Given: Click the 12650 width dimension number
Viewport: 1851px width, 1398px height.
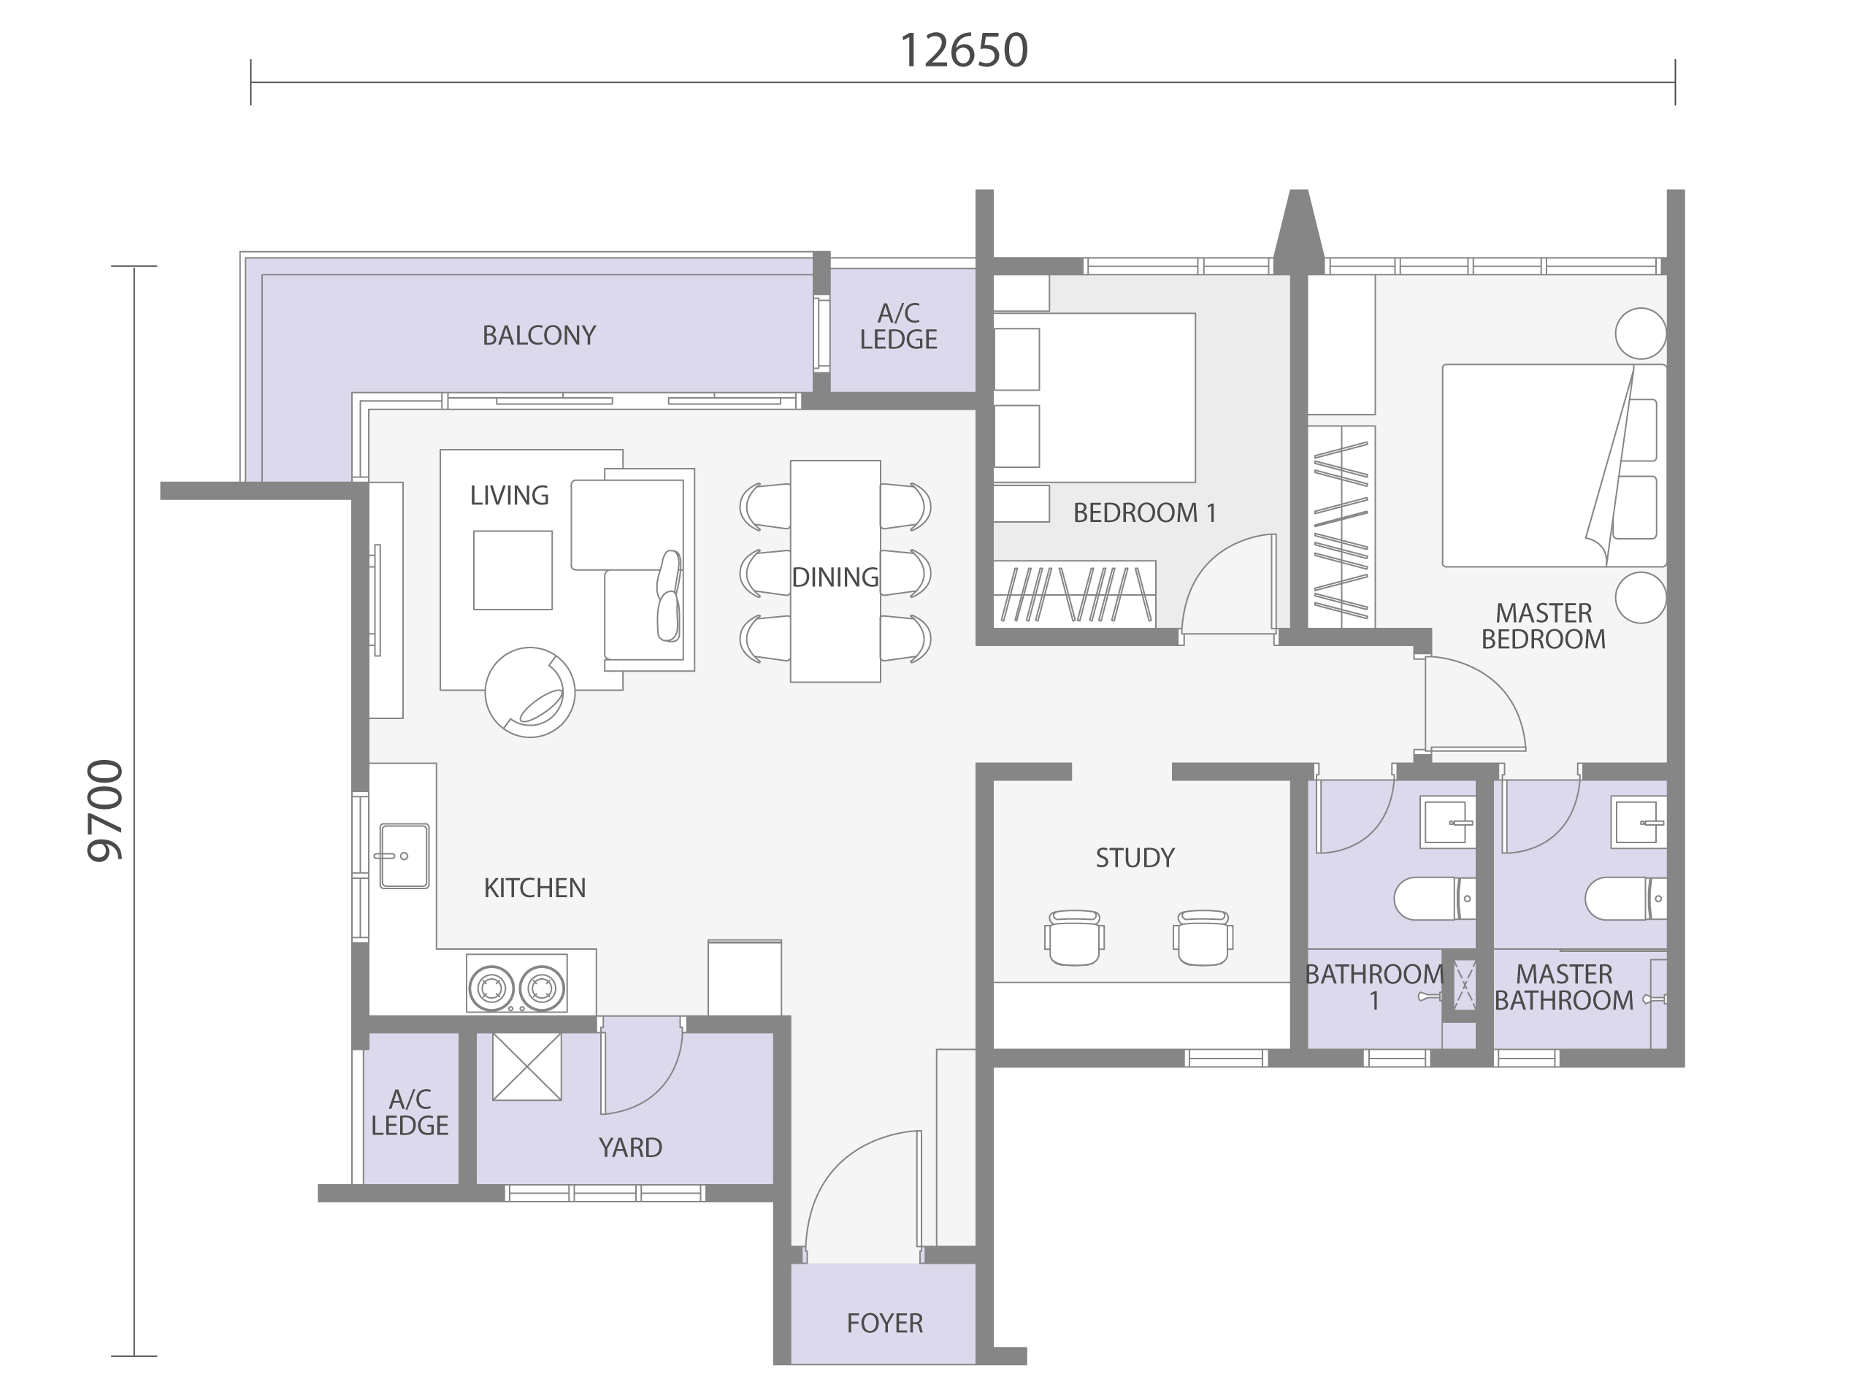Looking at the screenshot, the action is point(963,51).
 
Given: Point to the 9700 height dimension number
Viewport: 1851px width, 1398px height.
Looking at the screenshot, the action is point(107,810).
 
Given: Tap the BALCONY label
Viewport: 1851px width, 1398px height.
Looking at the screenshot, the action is point(539,336).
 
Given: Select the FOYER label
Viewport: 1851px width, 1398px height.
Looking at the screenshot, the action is point(884,1323).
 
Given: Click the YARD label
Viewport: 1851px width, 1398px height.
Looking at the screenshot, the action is point(630,1147).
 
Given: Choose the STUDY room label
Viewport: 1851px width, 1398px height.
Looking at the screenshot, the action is point(1135,858).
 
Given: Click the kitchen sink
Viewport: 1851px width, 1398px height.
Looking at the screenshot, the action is point(405,856).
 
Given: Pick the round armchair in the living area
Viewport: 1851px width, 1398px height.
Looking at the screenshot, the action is point(529,693).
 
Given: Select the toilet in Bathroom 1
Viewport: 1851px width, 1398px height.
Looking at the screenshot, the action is point(1433,899).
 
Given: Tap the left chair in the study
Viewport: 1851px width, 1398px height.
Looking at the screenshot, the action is point(1073,938).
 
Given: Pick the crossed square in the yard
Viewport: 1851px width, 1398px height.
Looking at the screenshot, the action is point(526,1067).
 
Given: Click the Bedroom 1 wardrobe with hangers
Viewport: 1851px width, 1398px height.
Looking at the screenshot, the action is point(1074,594).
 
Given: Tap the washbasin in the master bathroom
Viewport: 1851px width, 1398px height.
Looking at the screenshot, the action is point(1639,821).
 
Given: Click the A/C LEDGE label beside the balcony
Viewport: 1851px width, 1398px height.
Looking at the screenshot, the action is point(899,326).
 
